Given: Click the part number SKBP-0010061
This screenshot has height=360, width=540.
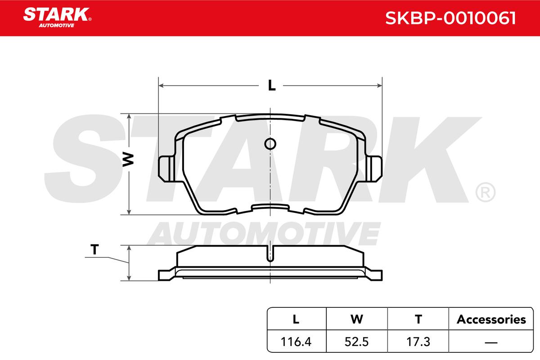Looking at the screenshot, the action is (x=450, y=18).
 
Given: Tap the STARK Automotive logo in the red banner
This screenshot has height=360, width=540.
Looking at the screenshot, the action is (x=57, y=18).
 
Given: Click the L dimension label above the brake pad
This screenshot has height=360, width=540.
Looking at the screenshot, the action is (x=272, y=85).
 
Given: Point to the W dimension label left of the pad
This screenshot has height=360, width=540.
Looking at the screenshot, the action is (x=128, y=159).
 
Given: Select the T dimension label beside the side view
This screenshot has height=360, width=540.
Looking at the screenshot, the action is (x=94, y=249).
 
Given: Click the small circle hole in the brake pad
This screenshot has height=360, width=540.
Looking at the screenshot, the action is (x=270, y=144).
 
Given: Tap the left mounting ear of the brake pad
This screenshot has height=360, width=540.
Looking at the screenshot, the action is (x=166, y=169).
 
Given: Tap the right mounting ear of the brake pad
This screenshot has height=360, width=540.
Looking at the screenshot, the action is (x=374, y=169).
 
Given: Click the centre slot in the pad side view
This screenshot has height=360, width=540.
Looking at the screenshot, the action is (x=270, y=254).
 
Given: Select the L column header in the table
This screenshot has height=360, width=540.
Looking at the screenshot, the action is (x=296, y=319).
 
